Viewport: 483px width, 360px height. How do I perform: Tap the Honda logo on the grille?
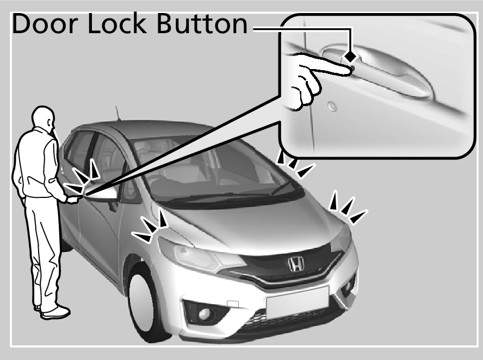coord(296,264)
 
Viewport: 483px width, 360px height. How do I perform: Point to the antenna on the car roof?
coord(117,113)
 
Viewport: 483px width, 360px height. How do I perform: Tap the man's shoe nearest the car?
coord(57,312)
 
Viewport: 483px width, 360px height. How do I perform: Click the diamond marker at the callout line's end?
coord(352,56)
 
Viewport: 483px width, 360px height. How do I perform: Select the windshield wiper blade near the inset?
coord(283,188)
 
